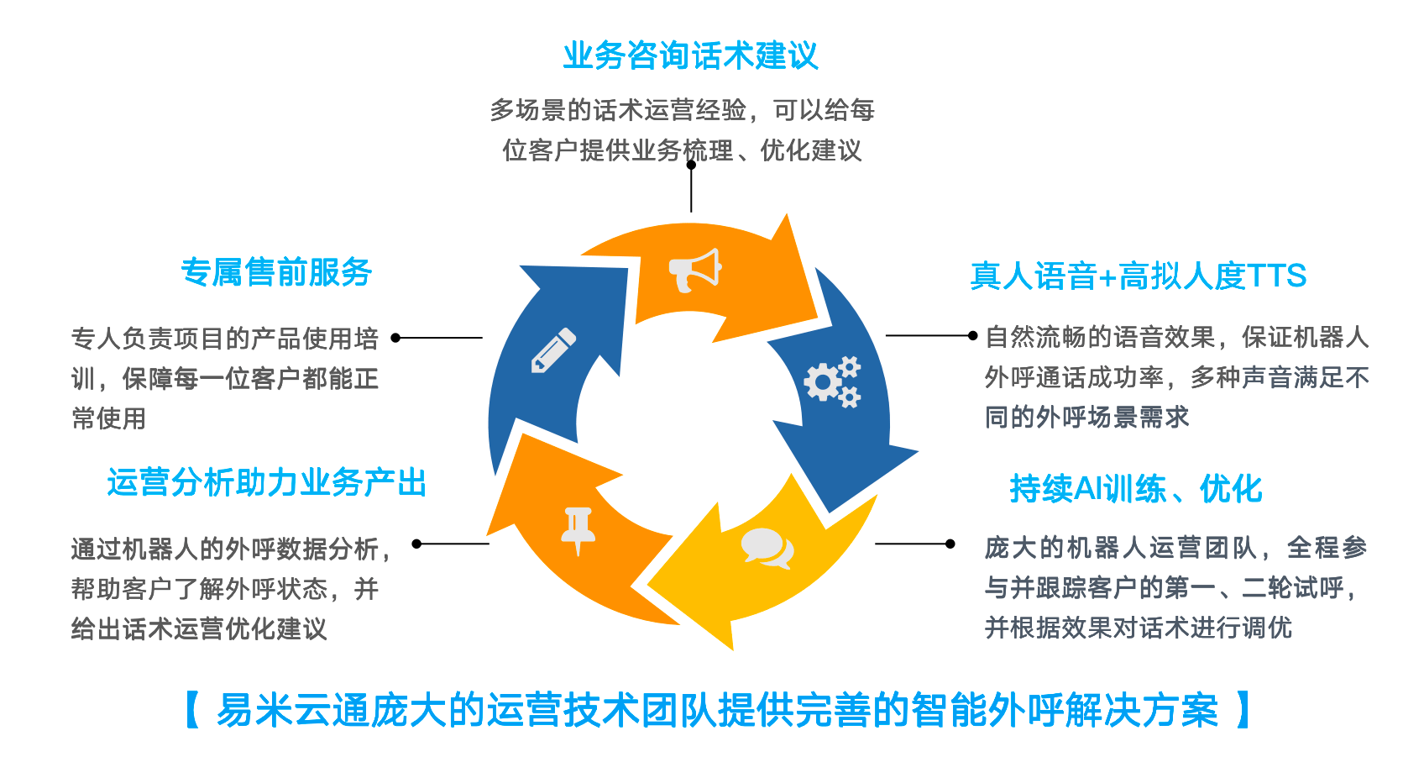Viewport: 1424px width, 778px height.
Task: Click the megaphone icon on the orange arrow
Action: (694, 270)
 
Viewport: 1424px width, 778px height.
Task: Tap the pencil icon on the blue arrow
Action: (554, 350)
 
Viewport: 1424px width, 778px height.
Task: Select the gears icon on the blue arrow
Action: (832, 381)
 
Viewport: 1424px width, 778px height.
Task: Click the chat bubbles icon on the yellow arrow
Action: (767, 548)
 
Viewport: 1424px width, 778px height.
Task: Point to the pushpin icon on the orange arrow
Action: (578, 529)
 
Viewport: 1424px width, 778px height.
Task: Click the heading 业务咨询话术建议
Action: (690, 56)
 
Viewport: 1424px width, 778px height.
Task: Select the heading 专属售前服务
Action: (276, 272)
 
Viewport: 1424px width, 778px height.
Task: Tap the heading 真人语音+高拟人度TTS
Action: (1138, 276)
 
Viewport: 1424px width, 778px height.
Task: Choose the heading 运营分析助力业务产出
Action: (267, 482)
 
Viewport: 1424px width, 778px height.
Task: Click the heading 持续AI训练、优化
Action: (1135, 488)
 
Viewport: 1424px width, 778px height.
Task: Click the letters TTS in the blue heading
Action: (1276, 276)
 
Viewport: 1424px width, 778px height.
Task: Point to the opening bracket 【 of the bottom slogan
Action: (192, 710)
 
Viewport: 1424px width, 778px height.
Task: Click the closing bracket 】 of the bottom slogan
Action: (1243, 710)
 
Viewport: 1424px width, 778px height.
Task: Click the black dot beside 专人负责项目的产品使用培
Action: (395, 338)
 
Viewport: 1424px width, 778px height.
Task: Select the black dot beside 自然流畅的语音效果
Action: (972, 336)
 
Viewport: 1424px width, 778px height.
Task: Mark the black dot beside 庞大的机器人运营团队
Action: (950, 544)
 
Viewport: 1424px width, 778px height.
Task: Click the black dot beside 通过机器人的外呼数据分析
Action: (416, 544)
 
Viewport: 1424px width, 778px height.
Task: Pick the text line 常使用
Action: (109, 418)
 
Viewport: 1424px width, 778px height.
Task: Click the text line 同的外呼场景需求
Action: (1086, 417)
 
